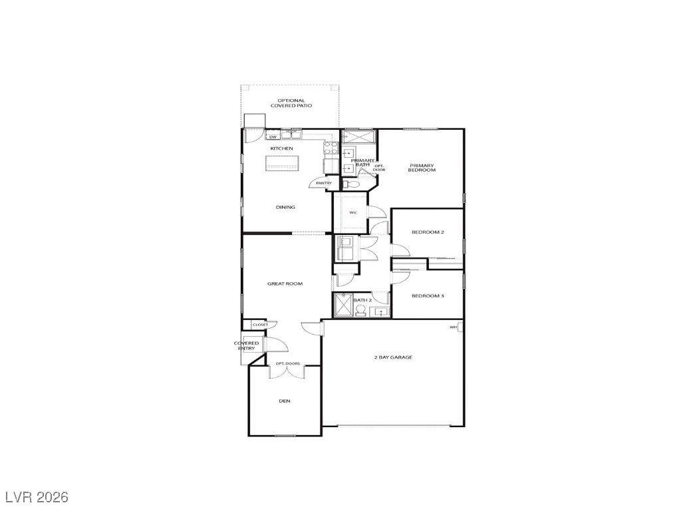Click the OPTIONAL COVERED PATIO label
(x=291, y=103)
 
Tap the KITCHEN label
(x=281, y=148)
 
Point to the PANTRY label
(x=324, y=183)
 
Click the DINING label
(x=285, y=207)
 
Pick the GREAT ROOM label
(x=285, y=283)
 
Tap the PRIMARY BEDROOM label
(x=422, y=168)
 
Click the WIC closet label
(x=353, y=212)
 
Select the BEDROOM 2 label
(x=427, y=232)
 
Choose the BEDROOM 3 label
(x=427, y=295)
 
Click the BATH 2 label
(x=361, y=300)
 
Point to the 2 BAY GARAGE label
(x=392, y=357)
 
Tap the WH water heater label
(x=453, y=327)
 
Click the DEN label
(x=285, y=401)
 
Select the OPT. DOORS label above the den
(x=288, y=363)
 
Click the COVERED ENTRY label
(x=246, y=345)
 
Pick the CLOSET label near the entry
(x=260, y=325)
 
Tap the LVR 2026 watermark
(x=37, y=497)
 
